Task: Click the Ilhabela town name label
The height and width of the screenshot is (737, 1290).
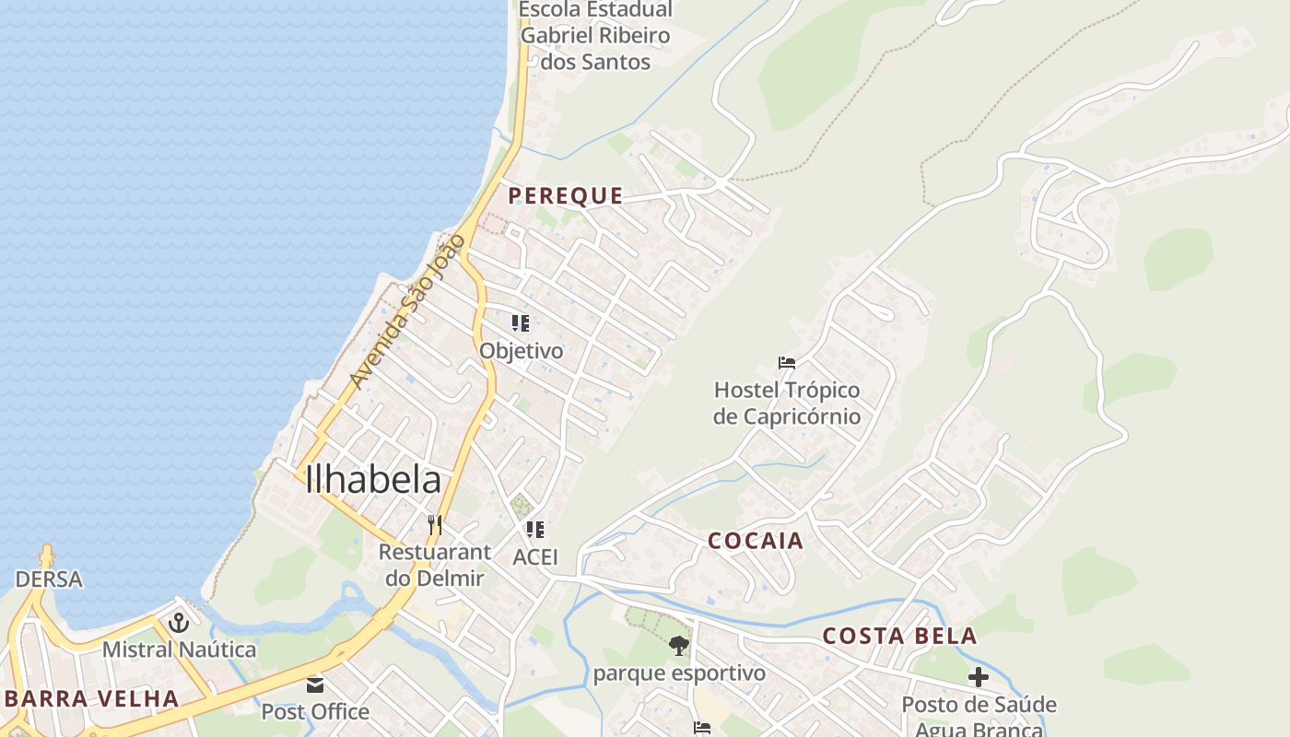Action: pyautogui.click(x=373, y=480)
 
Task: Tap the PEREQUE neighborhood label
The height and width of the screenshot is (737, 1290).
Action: pyautogui.click(x=565, y=196)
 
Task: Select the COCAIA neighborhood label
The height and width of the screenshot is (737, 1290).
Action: pyautogui.click(x=756, y=541)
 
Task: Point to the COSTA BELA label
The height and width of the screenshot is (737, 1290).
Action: pyautogui.click(x=899, y=637)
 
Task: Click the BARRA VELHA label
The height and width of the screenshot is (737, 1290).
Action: pyautogui.click(x=91, y=698)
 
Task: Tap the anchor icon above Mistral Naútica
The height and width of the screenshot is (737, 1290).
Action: pyautogui.click(x=179, y=623)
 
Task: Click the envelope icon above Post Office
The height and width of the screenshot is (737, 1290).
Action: pyautogui.click(x=315, y=685)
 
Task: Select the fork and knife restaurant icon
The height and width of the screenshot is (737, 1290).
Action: pyautogui.click(x=435, y=525)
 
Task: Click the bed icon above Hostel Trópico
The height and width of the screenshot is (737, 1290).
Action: pyautogui.click(x=786, y=363)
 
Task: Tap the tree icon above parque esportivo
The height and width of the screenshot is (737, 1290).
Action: pyautogui.click(x=679, y=646)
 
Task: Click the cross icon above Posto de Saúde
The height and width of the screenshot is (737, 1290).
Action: pyautogui.click(x=979, y=678)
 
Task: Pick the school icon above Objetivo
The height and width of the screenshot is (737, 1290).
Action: pyautogui.click(x=521, y=323)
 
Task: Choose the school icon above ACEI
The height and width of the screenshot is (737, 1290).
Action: pyautogui.click(x=535, y=530)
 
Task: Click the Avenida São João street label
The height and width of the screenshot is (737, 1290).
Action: pyautogui.click(x=405, y=312)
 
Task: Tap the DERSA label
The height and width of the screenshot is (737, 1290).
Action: pyautogui.click(x=49, y=579)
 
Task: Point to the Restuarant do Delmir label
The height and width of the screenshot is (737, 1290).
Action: pyautogui.click(x=434, y=565)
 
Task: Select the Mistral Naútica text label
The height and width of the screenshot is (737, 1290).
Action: pyautogui.click(x=179, y=649)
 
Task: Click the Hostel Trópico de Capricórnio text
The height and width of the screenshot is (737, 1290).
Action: pyautogui.click(x=787, y=404)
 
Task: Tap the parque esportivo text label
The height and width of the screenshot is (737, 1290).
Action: pyautogui.click(x=679, y=673)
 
